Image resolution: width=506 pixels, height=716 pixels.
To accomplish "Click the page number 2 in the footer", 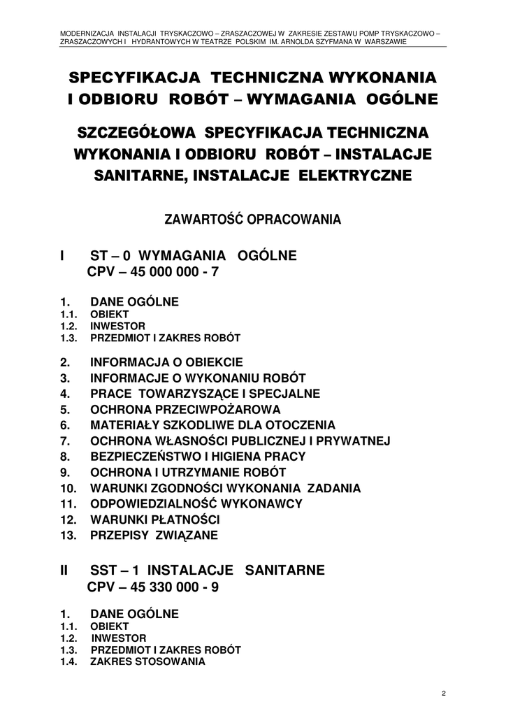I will click(444, 693).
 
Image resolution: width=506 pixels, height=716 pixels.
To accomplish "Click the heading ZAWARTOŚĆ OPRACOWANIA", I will click(252, 220).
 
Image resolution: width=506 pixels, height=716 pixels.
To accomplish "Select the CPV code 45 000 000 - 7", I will click(153, 272).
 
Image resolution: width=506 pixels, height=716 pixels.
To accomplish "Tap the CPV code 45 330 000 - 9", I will click(153, 587).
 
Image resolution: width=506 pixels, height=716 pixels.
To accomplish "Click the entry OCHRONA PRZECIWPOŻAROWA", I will click(185, 410).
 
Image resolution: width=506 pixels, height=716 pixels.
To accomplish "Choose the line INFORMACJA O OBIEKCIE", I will click(166, 363).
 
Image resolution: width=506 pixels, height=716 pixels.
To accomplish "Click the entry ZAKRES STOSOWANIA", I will click(147, 661).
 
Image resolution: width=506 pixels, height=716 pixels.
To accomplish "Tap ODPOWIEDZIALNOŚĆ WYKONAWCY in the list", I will click(196, 504).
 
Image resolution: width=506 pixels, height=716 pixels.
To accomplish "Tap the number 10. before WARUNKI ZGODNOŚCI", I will click(68, 488).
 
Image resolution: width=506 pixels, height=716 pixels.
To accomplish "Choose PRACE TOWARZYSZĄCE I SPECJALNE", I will click(205, 394).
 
